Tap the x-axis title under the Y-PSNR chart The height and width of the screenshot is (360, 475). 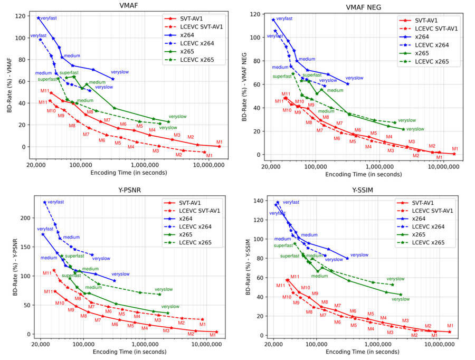(x=127, y=353)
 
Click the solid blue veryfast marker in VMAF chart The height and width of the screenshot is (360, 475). (x=38, y=17)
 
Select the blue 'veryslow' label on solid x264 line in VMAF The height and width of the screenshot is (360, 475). (x=120, y=72)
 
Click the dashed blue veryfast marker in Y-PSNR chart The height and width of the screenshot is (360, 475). (x=44, y=202)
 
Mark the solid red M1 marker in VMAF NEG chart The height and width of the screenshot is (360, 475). (x=454, y=154)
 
